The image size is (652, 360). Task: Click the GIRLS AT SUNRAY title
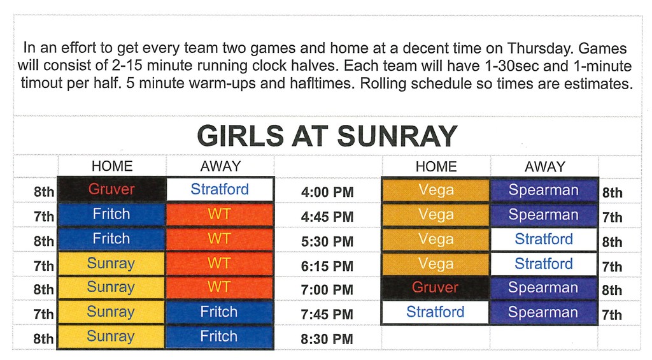click(327, 136)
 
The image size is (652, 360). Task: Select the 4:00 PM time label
click(327, 192)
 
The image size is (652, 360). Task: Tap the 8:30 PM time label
click(327, 339)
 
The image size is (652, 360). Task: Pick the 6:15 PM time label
click(327, 266)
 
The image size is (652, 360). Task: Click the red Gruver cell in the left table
click(111, 189)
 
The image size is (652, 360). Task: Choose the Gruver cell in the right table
click(436, 287)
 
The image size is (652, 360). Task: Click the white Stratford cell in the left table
click(220, 189)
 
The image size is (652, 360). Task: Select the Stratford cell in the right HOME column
click(436, 312)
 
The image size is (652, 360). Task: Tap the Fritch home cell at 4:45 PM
click(111, 214)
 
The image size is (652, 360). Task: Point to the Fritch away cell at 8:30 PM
click(220, 336)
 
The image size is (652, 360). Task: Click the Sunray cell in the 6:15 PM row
click(111, 263)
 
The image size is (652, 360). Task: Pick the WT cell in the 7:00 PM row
click(220, 287)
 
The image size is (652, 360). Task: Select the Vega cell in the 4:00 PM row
click(436, 190)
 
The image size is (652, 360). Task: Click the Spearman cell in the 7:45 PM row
click(544, 312)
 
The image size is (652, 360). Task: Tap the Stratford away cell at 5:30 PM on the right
click(544, 239)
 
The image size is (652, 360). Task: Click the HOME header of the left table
click(112, 166)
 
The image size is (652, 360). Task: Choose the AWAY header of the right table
click(545, 167)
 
